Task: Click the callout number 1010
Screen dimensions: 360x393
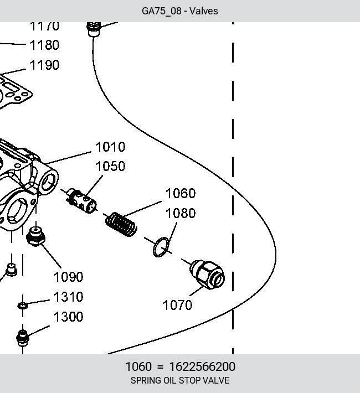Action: point(110,147)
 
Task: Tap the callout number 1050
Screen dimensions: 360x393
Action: point(110,166)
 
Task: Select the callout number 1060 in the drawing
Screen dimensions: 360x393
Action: point(181,193)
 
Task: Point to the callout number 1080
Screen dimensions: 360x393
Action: point(181,213)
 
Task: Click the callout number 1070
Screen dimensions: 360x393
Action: point(178,305)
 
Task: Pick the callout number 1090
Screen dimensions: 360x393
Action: point(68,277)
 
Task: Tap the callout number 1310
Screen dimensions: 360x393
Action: point(68,297)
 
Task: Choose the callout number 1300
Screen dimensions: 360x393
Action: point(68,317)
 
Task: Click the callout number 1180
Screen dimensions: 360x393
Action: point(45,45)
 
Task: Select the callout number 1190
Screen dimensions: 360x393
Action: point(45,65)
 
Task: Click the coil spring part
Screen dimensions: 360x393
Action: point(121,224)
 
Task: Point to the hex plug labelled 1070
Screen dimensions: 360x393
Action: point(207,275)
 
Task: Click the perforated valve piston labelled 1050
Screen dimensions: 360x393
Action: point(81,200)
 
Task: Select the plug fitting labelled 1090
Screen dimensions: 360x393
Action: point(36,236)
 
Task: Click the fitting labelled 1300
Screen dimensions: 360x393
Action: point(23,338)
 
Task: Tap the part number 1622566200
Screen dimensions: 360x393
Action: point(202,366)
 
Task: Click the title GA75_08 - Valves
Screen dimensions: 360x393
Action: point(180,11)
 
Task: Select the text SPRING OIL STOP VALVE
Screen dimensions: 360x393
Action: point(180,380)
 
